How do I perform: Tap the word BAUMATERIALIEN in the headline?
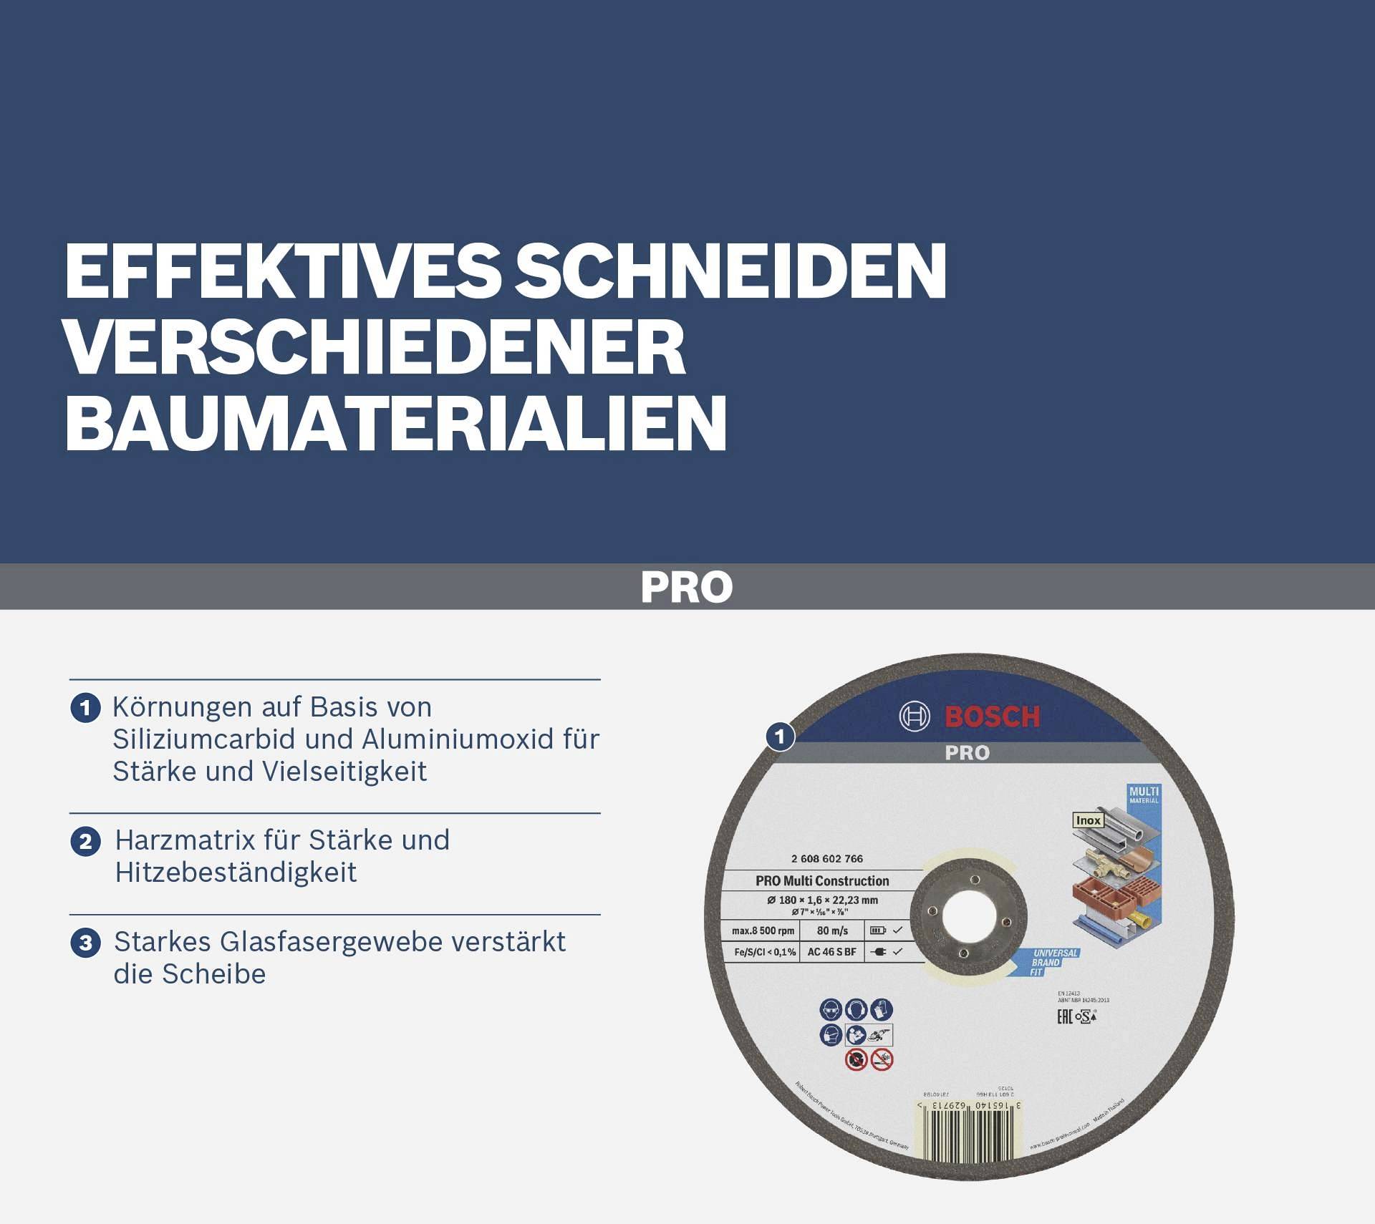(x=396, y=424)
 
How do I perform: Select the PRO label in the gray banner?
(x=687, y=587)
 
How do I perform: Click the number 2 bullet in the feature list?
(x=86, y=841)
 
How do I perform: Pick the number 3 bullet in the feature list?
(x=86, y=943)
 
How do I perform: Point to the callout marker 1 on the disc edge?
(x=780, y=737)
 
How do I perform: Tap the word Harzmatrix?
(x=184, y=840)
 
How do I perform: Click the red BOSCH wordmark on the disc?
(x=992, y=717)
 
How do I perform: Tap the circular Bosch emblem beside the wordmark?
(x=915, y=717)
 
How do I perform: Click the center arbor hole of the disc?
(x=967, y=916)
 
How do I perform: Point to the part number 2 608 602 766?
(x=827, y=859)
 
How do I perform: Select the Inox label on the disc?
(x=1088, y=820)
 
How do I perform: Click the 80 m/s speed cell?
(x=832, y=931)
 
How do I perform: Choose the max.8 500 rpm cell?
(x=763, y=931)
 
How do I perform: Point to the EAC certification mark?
(x=1065, y=1017)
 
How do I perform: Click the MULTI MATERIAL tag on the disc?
(x=1144, y=795)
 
